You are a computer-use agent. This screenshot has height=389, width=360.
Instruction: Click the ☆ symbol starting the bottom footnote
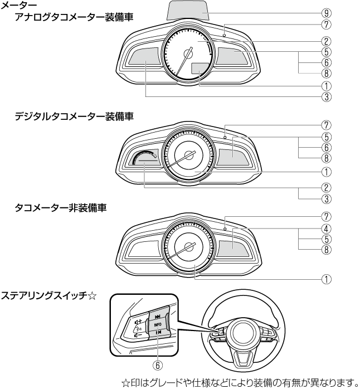pyautogui.click(x=126, y=382)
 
